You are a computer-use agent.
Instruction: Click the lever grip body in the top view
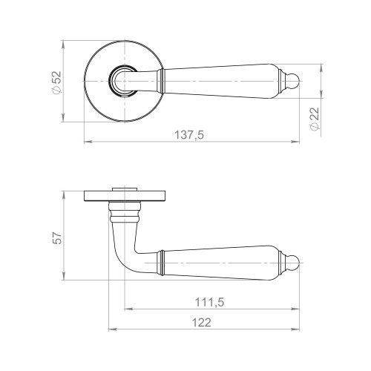click(223, 80)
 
